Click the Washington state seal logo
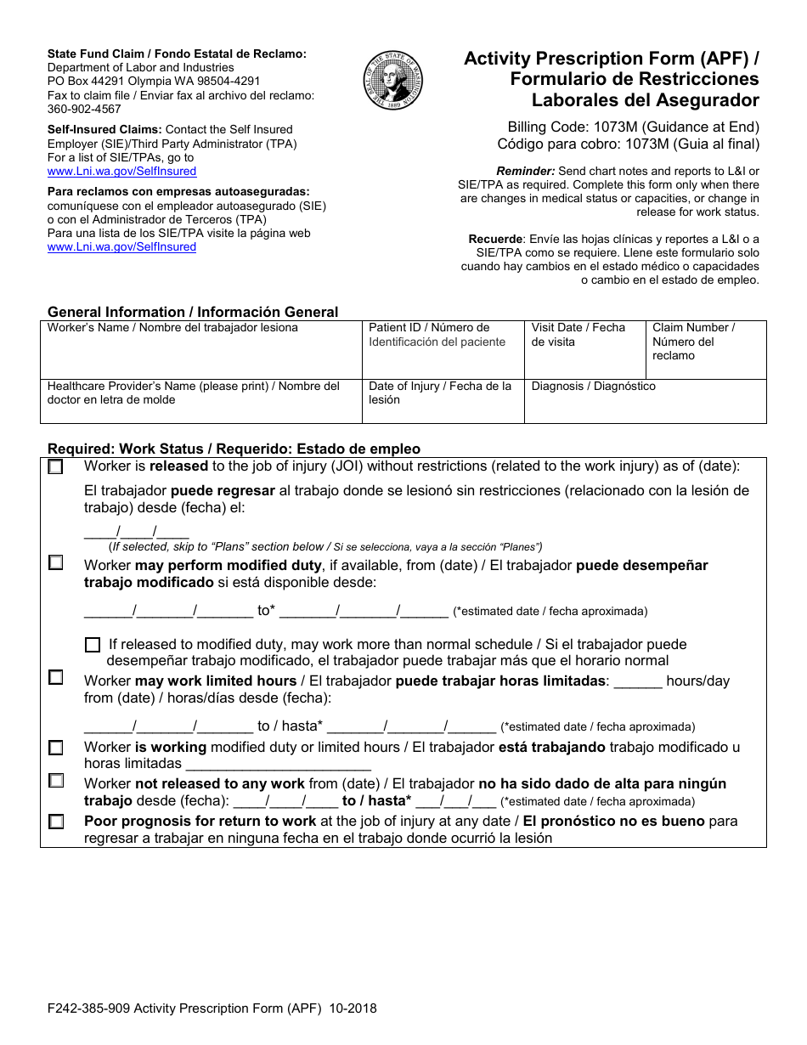coord(392,82)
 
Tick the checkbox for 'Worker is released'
coord(56,466)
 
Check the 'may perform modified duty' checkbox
coord(56,562)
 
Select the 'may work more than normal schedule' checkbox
coord(93,645)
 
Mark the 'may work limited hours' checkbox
coord(56,677)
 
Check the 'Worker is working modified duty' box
coord(56,748)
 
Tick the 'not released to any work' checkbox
coord(56,780)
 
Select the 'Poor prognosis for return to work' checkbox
coord(56,822)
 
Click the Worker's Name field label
coord(172,328)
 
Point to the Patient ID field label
coord(429,328)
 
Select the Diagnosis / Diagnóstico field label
coord(594,387)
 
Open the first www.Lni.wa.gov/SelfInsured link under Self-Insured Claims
coord(121,171)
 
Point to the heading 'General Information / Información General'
coord(193,312)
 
